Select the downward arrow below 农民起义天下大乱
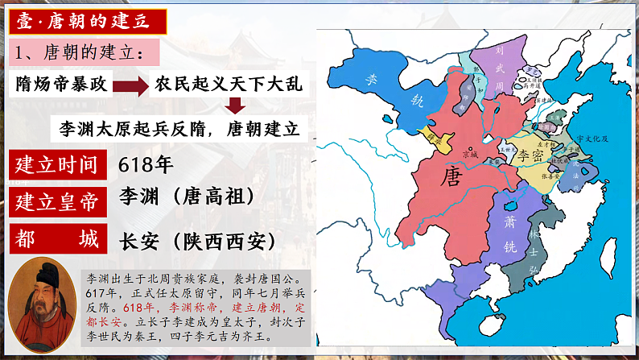pos(234,106)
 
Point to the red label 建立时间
pos(57,165)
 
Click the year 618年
pos(145,165)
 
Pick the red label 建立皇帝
pos(57,201)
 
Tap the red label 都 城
pos(57,239)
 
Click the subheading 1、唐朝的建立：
pos(80,53)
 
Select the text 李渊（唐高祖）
pos(187,196)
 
